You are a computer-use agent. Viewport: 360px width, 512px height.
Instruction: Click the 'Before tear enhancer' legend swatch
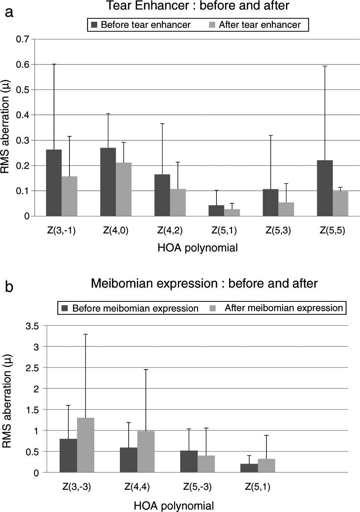click(94, 25)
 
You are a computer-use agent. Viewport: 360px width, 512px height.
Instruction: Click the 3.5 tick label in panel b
click(31, 326)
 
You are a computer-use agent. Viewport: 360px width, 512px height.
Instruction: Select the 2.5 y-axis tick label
click(31, 368)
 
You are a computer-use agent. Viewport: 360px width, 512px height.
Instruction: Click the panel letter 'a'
click(10, 13)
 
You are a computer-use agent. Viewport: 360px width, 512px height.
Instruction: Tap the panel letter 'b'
click(10, 286)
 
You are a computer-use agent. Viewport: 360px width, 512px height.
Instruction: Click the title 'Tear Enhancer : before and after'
click(197, 6)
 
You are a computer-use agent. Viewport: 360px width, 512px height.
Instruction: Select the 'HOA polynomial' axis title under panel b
click(174, 506)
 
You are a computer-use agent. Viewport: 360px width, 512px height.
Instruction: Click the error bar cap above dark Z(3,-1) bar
click(54, 64)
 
